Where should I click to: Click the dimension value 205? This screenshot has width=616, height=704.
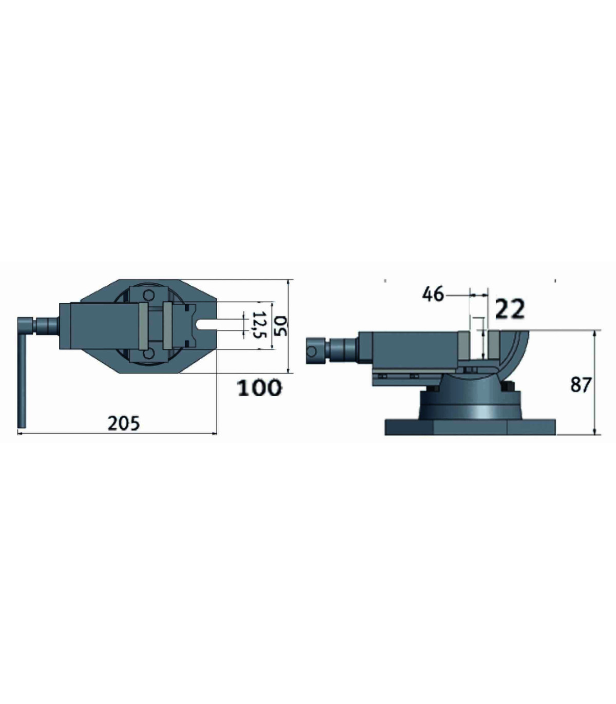pyautogui.click(x=124, y=423)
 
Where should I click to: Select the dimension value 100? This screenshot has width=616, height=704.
pyautogui.click(x=260, y=388)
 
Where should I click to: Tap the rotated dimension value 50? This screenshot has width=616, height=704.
pyautogui.click(x=281, y=326)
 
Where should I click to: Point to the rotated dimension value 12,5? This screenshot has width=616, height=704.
pyautogui.click(x=259, y=325)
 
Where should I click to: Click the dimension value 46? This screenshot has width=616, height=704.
pyautogui.click(x=433, y=295)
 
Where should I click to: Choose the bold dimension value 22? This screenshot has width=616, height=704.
pyautogui.click(x=510, y=309)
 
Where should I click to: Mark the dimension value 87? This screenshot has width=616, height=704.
pyautogui.click(x=581, y=385)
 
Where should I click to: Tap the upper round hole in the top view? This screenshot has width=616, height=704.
pyautogui.click(x=149, y=295)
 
